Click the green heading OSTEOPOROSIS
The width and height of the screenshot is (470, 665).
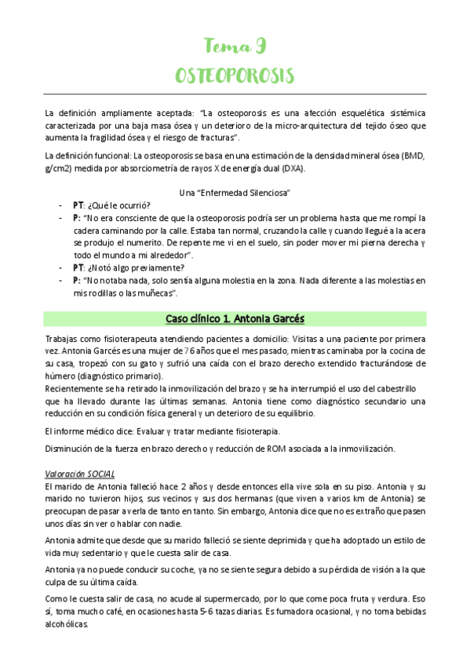point(235,76)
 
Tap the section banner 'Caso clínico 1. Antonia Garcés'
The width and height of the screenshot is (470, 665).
point(235,319)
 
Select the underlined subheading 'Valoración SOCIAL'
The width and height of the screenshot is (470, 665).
point(80,474)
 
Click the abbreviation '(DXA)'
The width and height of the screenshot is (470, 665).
point(293,168)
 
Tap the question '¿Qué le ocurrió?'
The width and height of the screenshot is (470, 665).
point(117,205)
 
